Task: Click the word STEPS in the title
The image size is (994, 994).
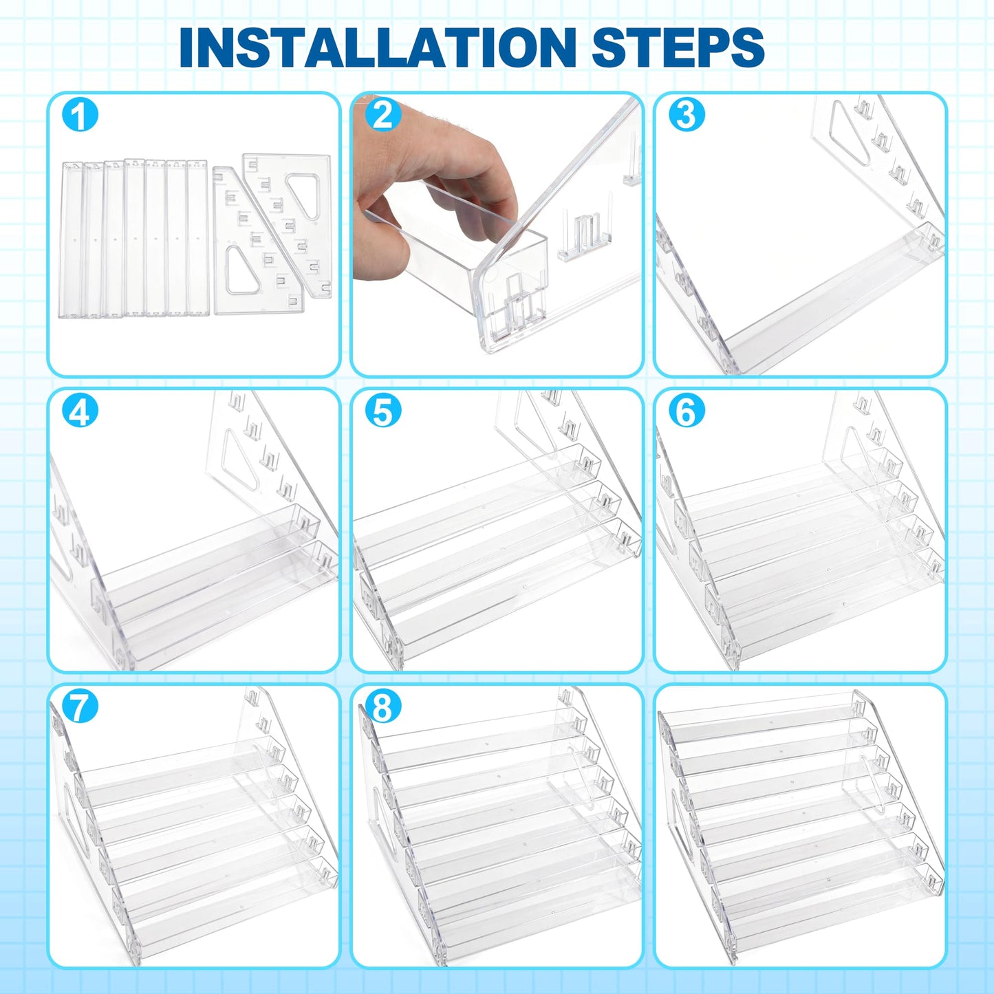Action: (x=678, y=47)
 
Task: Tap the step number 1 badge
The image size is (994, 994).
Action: (x=80, y=116)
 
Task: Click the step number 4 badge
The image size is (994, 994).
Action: (x=80, y=411)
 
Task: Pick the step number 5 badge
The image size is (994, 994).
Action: (x=382, y=411)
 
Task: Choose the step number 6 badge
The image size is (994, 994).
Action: (x=686, y=411)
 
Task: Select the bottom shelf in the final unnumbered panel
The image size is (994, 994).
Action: (x=825, y=902)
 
